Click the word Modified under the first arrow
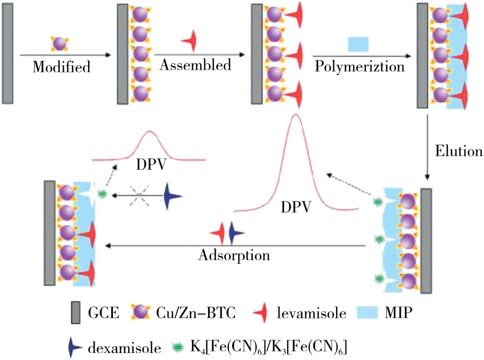pos(61,68)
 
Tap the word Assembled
pos(196,65)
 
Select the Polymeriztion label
pos(360,66)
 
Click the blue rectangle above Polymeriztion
pos(358,43)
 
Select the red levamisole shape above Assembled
pos(190,41)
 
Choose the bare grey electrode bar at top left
pos(8,56)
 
